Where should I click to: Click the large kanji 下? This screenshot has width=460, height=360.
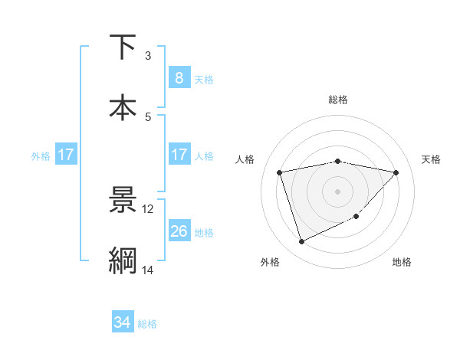(x=123, y=47)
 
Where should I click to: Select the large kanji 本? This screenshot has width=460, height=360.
(x=123, y=107)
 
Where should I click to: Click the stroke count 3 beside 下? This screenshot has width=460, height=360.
(x=148, y=56)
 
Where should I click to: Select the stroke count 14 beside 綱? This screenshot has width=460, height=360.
(x=148, y=270)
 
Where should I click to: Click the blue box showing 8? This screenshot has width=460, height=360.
(x=179, y=78)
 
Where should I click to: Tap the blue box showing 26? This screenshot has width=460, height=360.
(x=179, y=231)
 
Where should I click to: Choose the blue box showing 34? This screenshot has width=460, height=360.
(x=122, y=322)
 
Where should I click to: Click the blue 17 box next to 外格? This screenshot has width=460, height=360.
(x=65, y=155)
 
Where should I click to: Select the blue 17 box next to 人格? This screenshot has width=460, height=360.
(x=179, y=155)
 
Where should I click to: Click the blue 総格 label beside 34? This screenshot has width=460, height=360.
(x=147, y=324)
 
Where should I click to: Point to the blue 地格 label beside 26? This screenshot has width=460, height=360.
(x=204, y=233)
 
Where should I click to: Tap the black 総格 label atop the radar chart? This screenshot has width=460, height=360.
(x=338, y=100)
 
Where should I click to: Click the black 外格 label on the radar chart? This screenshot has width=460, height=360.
(x=270, y=263)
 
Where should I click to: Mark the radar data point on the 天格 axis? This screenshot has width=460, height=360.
(x=396, y=172)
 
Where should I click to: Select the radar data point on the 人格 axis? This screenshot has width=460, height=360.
(x=280, y=172)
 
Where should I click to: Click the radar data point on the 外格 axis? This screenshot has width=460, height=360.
(x=301, y=242)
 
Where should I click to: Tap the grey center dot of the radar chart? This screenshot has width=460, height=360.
(x=338, y=191)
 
